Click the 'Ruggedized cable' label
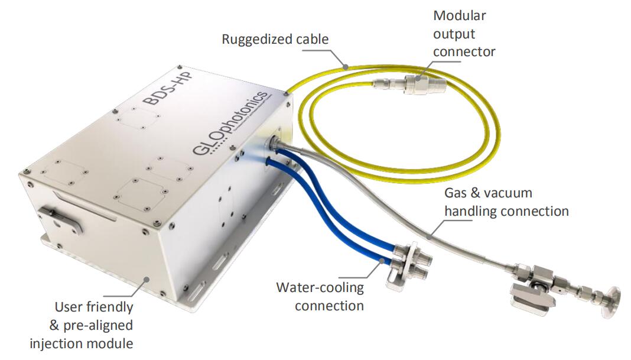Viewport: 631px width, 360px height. (275, 40)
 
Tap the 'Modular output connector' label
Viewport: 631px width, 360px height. (464, 34)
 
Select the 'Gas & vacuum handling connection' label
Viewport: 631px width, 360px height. (506, 202)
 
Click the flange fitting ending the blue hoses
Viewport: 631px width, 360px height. (408, 264)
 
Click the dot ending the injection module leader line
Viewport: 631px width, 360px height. (147, 278)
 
